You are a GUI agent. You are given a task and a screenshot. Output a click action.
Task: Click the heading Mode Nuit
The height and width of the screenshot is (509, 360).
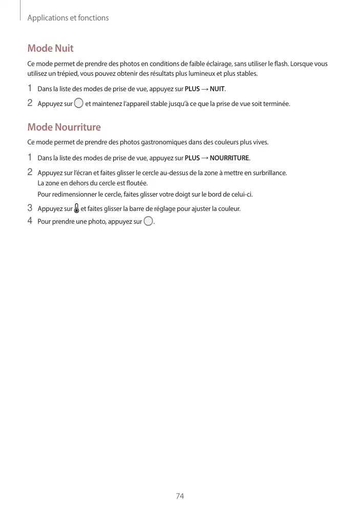(50, 48)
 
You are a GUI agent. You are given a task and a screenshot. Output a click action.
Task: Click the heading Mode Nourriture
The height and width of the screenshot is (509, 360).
(64, 127)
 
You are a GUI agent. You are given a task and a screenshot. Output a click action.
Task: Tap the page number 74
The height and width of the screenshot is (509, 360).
(180, 496)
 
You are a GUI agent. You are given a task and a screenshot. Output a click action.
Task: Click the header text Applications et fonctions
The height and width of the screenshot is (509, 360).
(68, 18)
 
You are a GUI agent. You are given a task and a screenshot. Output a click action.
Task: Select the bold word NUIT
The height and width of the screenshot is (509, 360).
(217, 89)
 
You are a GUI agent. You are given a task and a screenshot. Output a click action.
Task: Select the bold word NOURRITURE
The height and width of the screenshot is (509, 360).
(229, 158)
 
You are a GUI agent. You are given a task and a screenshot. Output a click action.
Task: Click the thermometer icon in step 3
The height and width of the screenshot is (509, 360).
(77, 208)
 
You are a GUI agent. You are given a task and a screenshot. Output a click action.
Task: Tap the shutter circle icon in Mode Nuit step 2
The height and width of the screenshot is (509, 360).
(78, 103)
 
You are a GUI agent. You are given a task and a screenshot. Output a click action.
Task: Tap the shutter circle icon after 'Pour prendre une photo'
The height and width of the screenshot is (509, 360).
(148, 221)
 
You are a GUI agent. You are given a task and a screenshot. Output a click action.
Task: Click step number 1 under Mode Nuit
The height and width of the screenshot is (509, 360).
(30, 88)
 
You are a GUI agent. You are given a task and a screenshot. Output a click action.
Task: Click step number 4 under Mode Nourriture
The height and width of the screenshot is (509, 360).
(30, 221)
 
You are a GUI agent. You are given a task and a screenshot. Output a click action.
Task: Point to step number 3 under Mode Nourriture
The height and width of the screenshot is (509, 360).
(30, 208)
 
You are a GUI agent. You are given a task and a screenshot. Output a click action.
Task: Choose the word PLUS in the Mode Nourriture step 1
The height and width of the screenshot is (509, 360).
(192, 158)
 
